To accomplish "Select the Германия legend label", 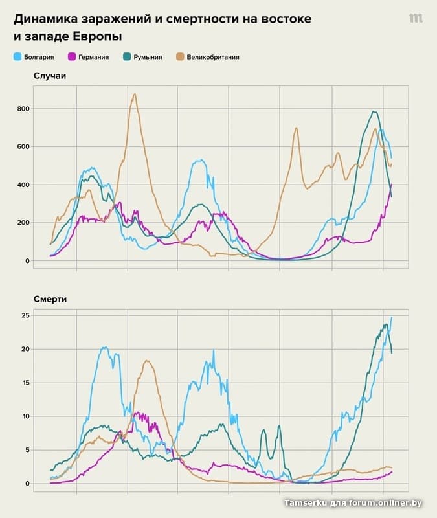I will [x=94, y=57].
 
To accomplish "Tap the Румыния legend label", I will [x=148, y=57].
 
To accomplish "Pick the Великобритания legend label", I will [x=214, y=57].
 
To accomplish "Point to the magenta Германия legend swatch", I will [x=73, y=57].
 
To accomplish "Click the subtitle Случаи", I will [x=50, y=76].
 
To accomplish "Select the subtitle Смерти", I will [x=50, y=299].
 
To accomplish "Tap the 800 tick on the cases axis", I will [x=23, y=109].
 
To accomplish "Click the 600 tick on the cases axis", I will [x=23, y=147].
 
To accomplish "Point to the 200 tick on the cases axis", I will [x=23, y=223].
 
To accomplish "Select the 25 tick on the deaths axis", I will [x=26, y=315].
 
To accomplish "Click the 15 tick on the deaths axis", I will [x=26, y=383].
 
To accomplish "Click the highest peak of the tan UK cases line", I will [x=134, y=95].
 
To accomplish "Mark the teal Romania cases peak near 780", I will [x=374, y=112].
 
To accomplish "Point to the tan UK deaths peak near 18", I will [x=147, y=361].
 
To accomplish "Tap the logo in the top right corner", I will [x=416, y=18].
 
